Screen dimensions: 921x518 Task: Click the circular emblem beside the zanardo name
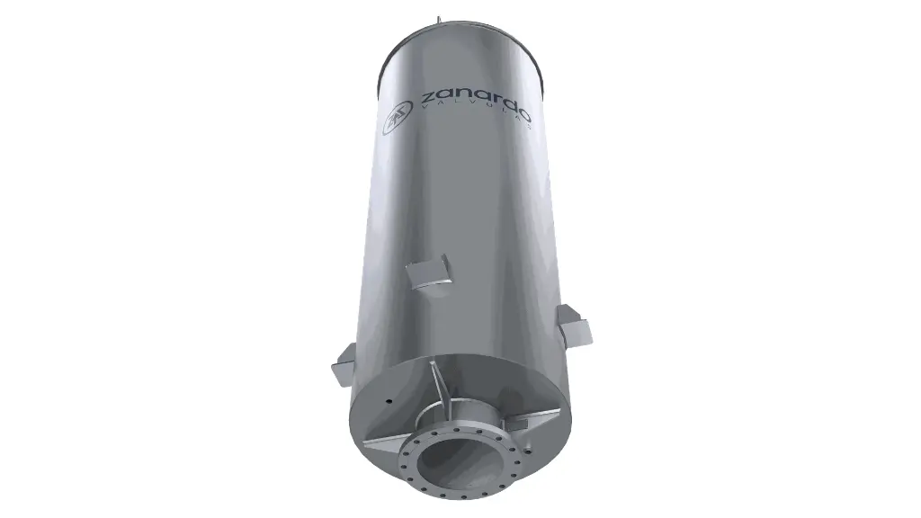tap(396, 120)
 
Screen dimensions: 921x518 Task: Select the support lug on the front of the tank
tap(429, 271)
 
